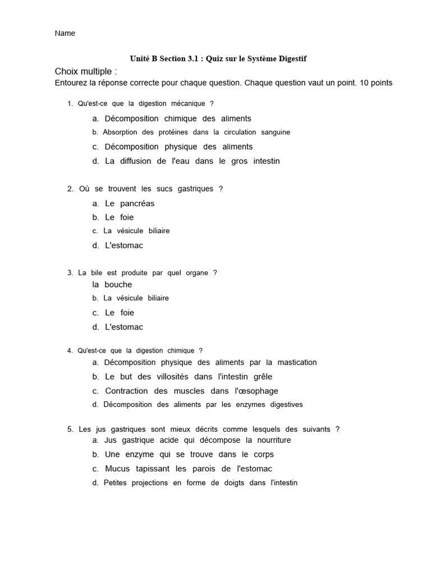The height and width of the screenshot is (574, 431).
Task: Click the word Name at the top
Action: point(65,33)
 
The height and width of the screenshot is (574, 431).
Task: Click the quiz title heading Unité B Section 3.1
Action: point(218,58)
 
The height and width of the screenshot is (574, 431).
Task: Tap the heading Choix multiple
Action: point(86,71)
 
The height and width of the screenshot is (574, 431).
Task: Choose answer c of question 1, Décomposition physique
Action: point(178,147)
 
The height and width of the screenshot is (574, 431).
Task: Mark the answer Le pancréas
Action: point(130,203)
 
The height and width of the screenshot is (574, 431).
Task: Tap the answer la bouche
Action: point(112,285)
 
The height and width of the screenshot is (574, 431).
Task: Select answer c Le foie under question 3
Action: point(120,313)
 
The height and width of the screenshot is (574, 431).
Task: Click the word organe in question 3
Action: point(194,273)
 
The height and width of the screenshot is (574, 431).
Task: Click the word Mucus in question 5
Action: point(117,469)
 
